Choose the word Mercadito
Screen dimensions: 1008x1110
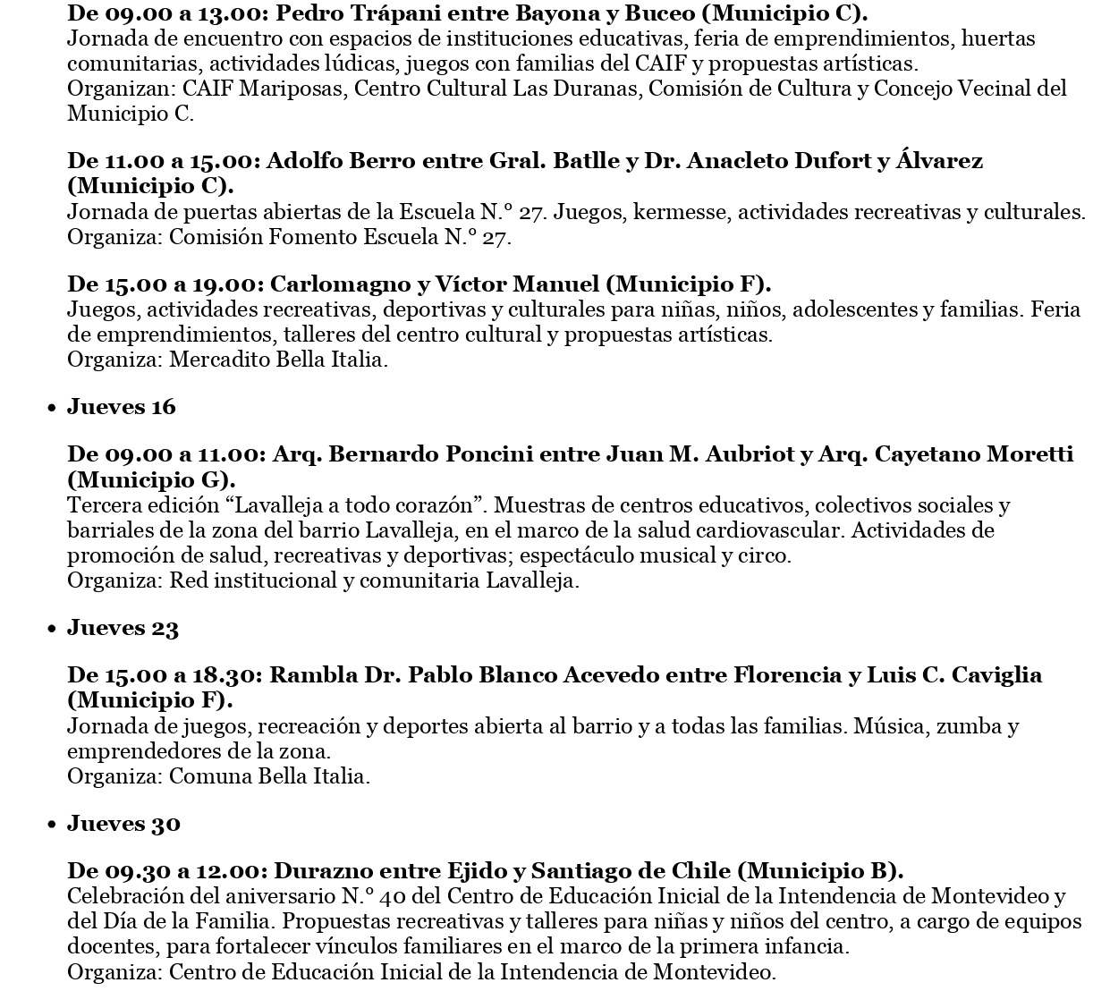[x=210, y=360]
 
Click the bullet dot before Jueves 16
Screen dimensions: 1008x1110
[x=53, y=409]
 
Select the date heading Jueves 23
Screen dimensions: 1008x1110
[x=123, y=628]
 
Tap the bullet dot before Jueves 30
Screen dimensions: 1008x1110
[x=53, y=826]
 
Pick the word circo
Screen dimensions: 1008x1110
[x=767, y=555]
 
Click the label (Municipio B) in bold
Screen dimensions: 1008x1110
[x=823, y=870]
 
